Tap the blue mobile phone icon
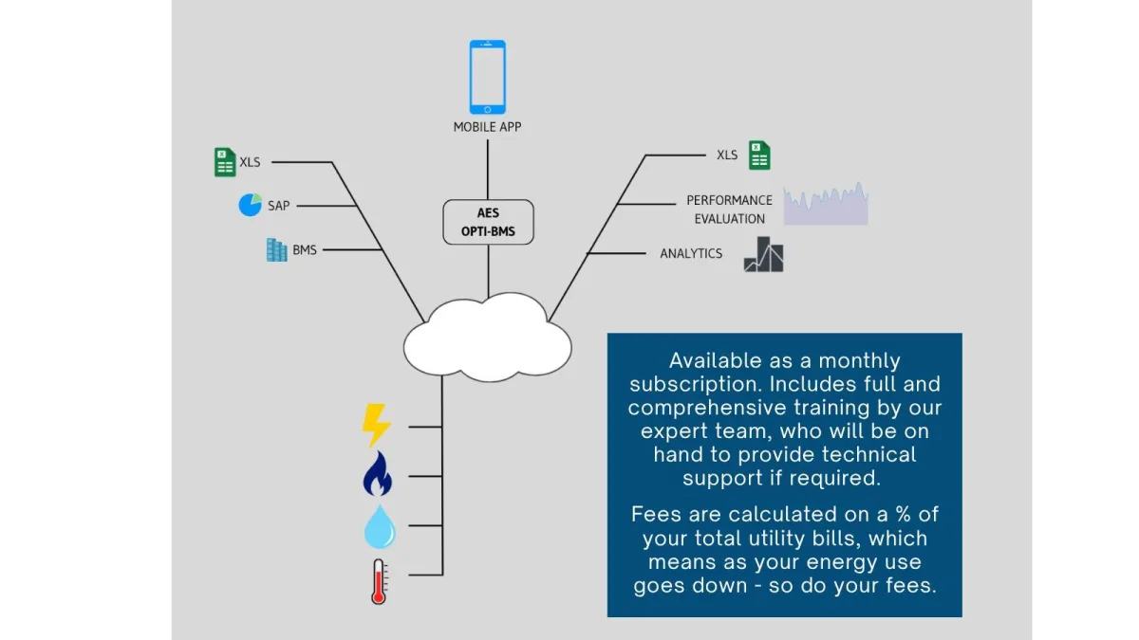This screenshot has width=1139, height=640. coord(487,77)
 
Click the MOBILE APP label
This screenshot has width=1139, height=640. coord(487,127)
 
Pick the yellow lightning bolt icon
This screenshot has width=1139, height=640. coord(376,426)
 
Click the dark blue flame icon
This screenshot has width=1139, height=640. coord(377,474)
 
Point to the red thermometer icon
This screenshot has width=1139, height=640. coord(379,581)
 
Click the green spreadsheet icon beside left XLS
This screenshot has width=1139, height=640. coord(224,162)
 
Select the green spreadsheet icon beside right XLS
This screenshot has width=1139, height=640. coord(758,155)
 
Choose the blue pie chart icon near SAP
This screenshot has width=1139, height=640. coord(250,205)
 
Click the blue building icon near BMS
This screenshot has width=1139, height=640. coord(276,250)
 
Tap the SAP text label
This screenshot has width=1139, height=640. coord(278,206)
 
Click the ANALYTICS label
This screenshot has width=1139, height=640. coord(691,254)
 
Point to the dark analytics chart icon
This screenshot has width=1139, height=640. coord(763,254)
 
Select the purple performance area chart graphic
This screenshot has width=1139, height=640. coord(826,206)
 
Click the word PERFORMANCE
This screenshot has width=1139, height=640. coord(729,201)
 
